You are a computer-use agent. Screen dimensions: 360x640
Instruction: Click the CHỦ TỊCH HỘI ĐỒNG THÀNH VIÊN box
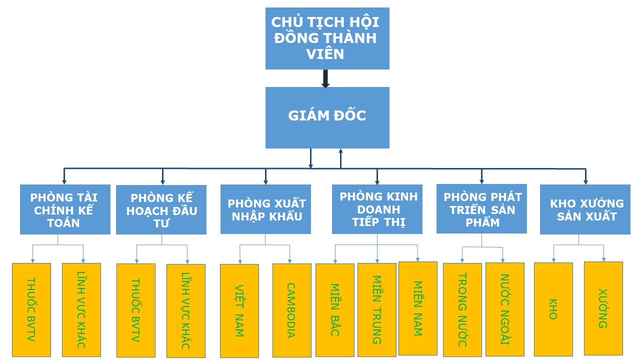[327, 38]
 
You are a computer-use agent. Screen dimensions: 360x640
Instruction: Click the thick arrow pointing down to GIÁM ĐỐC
[325, 78]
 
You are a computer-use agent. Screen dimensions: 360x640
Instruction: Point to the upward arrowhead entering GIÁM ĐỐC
[340, 151]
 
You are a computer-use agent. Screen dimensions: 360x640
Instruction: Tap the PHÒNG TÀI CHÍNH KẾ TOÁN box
[65, 209]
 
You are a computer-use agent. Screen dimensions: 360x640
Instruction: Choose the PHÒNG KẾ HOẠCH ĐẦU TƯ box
[161, 210]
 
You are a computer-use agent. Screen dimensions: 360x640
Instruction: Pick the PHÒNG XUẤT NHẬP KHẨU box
[265, 209]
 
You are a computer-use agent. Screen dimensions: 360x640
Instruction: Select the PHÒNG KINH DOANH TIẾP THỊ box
[377, 209]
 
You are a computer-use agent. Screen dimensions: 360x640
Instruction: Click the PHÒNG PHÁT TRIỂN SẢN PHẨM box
[481, 209]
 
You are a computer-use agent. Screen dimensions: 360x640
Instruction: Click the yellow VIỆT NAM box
[239, 310]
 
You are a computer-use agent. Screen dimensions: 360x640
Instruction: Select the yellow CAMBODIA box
[291, 310]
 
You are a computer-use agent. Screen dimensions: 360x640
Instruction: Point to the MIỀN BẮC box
[334, 310]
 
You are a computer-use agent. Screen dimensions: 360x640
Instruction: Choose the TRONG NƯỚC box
[462, 309]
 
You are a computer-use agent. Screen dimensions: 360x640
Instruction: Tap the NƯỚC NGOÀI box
[504, 309]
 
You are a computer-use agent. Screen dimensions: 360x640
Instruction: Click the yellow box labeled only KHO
[553, 309]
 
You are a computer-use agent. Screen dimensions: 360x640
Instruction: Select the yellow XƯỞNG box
[603, 308]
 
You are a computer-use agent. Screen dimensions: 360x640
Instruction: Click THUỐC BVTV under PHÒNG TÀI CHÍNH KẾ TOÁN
[31, 309]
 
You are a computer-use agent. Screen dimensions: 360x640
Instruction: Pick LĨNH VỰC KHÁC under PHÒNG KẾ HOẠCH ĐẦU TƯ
[186, 310]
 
